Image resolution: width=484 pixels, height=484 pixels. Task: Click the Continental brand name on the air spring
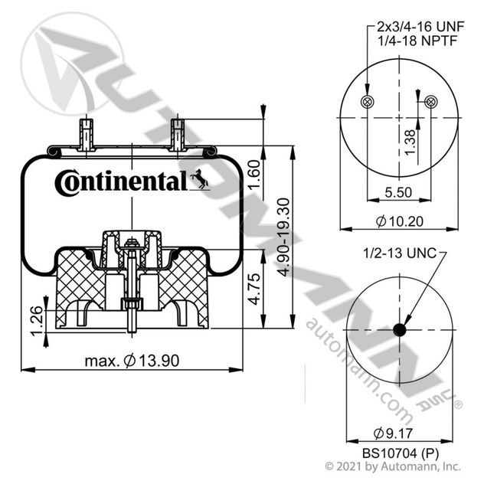121,183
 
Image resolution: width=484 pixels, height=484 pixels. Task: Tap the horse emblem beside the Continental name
199,179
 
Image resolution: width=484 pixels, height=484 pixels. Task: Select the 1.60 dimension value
255,175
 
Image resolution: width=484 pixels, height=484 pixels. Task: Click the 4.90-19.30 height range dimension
283,237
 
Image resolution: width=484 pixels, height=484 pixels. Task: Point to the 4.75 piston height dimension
255,289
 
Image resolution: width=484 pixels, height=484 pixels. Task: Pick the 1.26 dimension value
37,320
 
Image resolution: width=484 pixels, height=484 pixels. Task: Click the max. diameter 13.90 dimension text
132,361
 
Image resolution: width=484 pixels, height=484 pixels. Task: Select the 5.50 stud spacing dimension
398,192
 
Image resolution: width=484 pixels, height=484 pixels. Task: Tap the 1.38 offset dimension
410,142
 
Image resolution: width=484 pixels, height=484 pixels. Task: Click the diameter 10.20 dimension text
400,221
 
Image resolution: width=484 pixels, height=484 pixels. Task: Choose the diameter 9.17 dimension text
393,433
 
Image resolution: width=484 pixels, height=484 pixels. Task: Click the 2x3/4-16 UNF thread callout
420,27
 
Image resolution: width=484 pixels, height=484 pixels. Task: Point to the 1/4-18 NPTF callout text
417,41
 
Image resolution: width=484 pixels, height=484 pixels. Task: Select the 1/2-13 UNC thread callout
400,253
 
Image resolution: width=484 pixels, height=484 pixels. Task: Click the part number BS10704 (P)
401,453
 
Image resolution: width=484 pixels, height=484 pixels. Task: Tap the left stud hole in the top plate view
368,102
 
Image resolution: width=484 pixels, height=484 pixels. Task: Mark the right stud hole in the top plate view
431,102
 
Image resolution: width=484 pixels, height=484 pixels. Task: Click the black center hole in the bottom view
400,330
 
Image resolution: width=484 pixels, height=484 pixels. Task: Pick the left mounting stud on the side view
87,135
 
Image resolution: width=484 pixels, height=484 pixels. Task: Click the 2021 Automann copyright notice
393,466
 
